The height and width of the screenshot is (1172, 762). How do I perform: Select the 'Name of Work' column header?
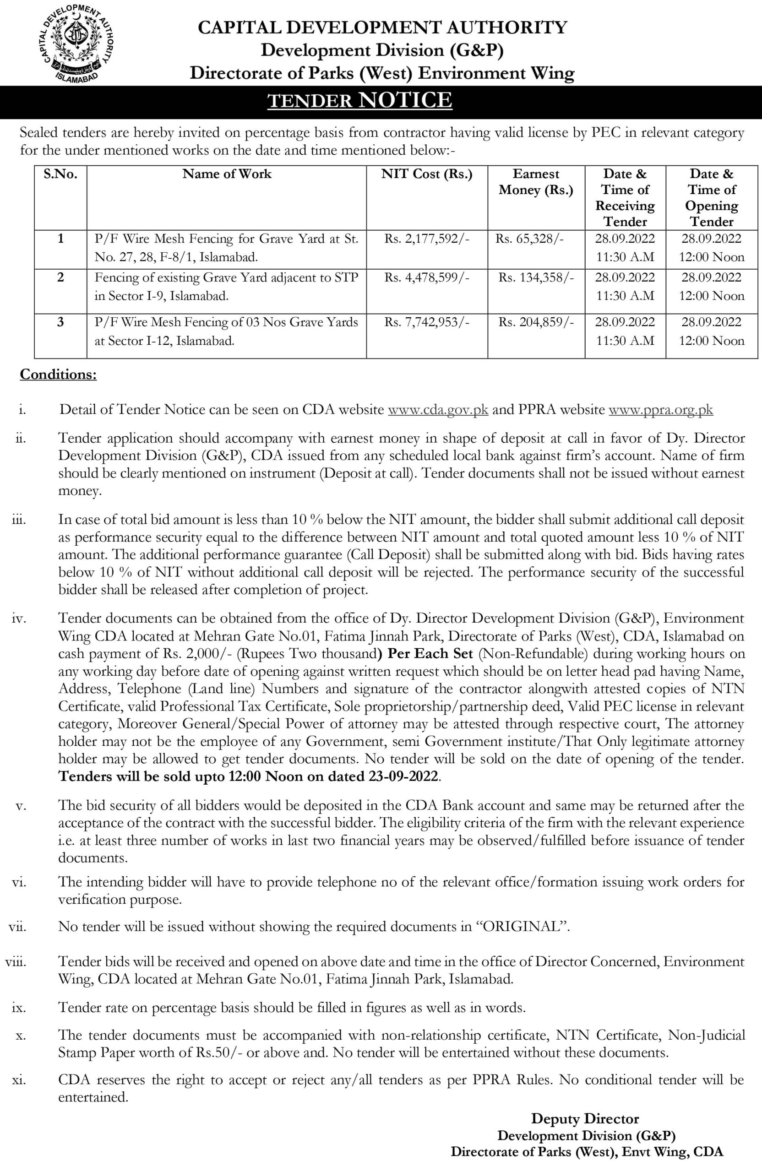(x=227, y=174)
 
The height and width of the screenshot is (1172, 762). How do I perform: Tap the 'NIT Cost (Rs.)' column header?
(x=426, y=174)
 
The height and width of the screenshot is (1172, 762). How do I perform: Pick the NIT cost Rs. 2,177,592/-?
(x=426, y=239)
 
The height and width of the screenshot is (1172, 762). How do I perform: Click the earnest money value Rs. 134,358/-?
(x=536, y=278)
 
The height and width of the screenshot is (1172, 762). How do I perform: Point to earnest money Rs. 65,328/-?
(x=529, y=239)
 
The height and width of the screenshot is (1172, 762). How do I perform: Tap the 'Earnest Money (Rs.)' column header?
(x=536, y=182)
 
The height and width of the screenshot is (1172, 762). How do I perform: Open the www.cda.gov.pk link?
(x=438, y=410)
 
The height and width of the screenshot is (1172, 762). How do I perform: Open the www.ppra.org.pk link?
(x=660, y=410)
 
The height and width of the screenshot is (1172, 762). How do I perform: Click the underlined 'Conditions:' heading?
(x=58, y=375)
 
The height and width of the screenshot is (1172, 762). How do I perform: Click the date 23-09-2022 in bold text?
(x=403, y=776)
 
